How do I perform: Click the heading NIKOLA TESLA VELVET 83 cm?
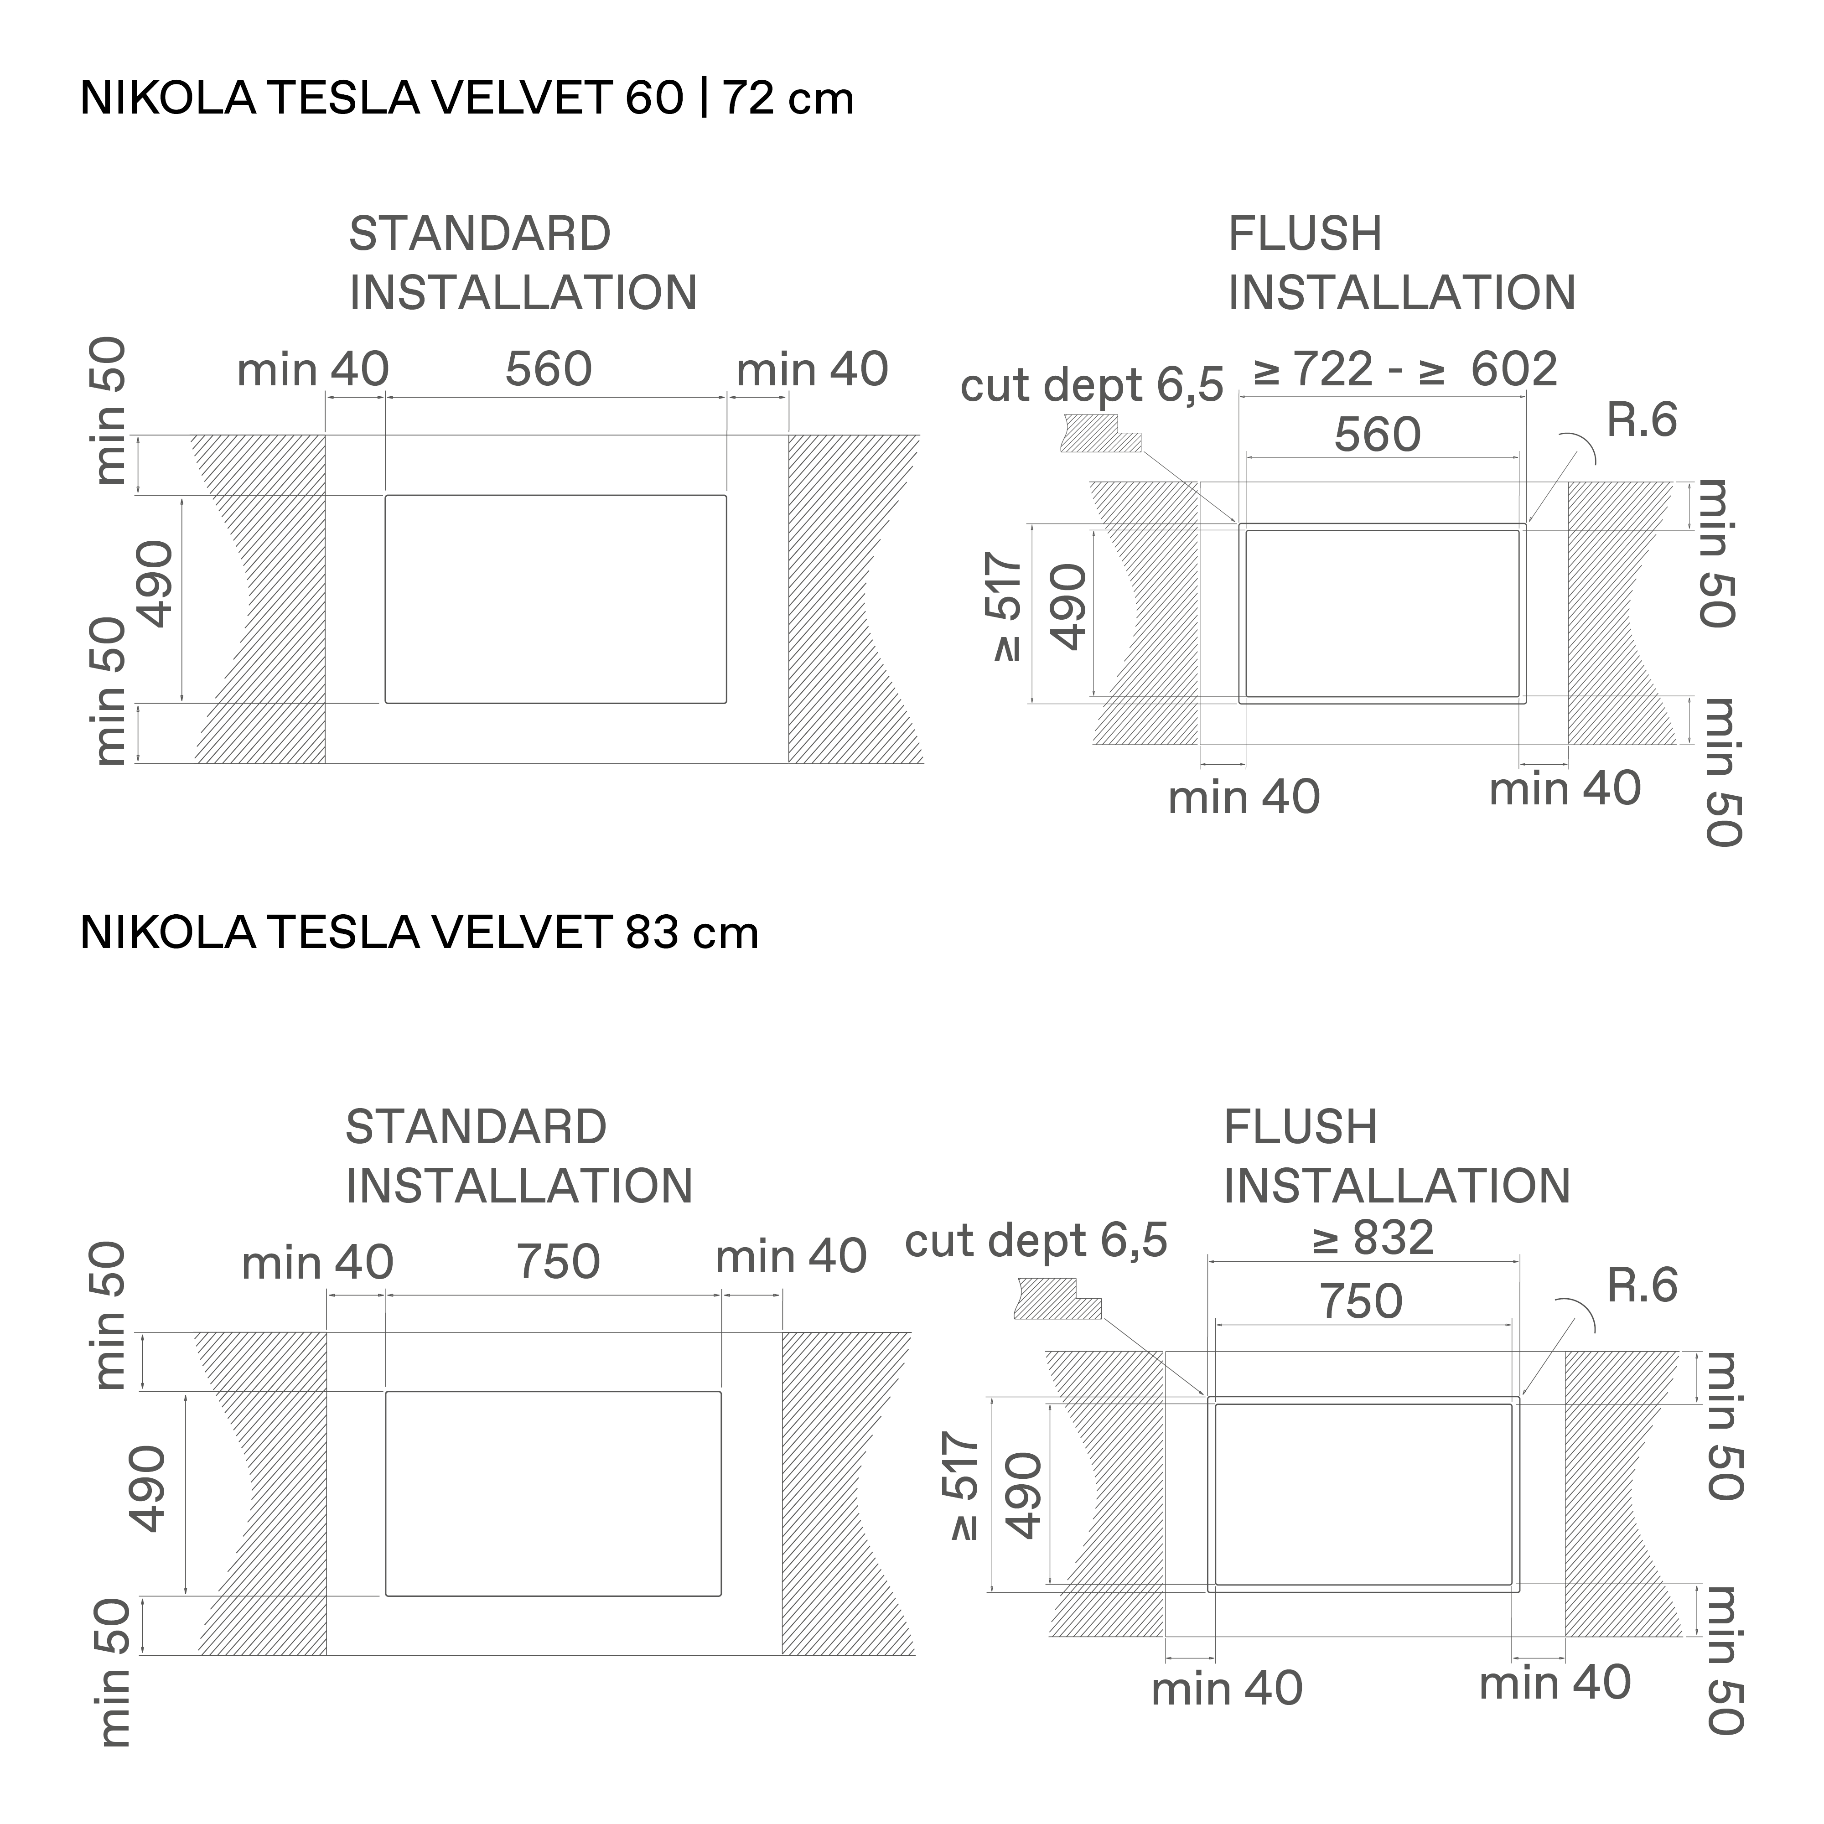[419, 933]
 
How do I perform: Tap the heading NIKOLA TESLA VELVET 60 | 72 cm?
[466, 98]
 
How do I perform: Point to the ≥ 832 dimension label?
[1373, 1238]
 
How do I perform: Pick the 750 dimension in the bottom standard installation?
[558, 1262]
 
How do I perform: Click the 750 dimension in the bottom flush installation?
[1360, 1302]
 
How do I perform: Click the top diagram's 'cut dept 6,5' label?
[1091, 385]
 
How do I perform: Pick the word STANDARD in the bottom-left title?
[476, 1127]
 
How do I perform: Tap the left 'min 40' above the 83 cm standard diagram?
[317, 1263]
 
